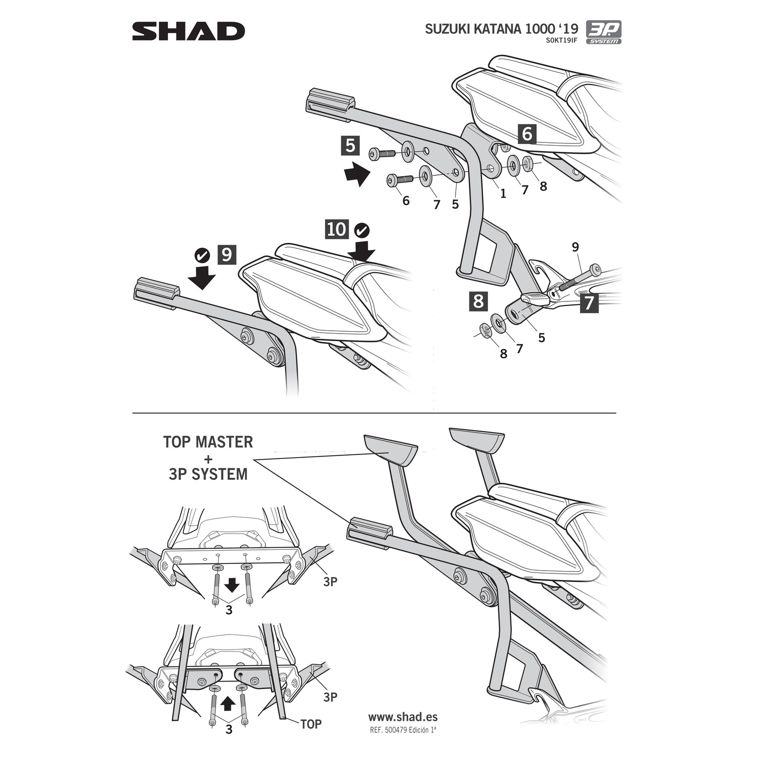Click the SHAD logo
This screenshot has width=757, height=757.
pyautogui.click(x=188, y=32)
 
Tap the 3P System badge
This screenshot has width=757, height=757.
pyautogui.click(x=603, y=32)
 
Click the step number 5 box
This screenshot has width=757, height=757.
pyautogui.click(x=350, y=146)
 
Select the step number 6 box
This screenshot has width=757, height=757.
pyautogui.click(x=527, y=134)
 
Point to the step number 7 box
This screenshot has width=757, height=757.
pyautogui.click(x=589, y=303)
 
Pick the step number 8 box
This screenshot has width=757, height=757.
pyautogui.click(x=478, y=301)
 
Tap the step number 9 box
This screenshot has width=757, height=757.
pyautogui.click(x=227, y=255)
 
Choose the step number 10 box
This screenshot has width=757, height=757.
pyautogui.click(x=336, y=229)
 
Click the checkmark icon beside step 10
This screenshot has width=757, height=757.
pyautogui.click(x=362, y=230)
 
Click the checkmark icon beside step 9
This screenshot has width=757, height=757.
pyautogui.click(x=202, y=255)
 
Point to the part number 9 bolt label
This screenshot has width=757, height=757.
pyautogui.click(x=575, y=246)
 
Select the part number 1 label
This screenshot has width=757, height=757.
pyautogui.click(x=503, y=193)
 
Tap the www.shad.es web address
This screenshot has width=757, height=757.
pyautogui.click(x=403, y=717)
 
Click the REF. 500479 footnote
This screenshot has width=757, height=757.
pyautogui.click(x=403, y=730)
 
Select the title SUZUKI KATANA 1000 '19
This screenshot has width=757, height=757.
pyautogui.click(x=501, y=29)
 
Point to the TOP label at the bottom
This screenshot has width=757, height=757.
pyautogui.click(x=311, y=724)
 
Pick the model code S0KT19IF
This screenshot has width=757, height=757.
pyautogui.click(x=561, y=40)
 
